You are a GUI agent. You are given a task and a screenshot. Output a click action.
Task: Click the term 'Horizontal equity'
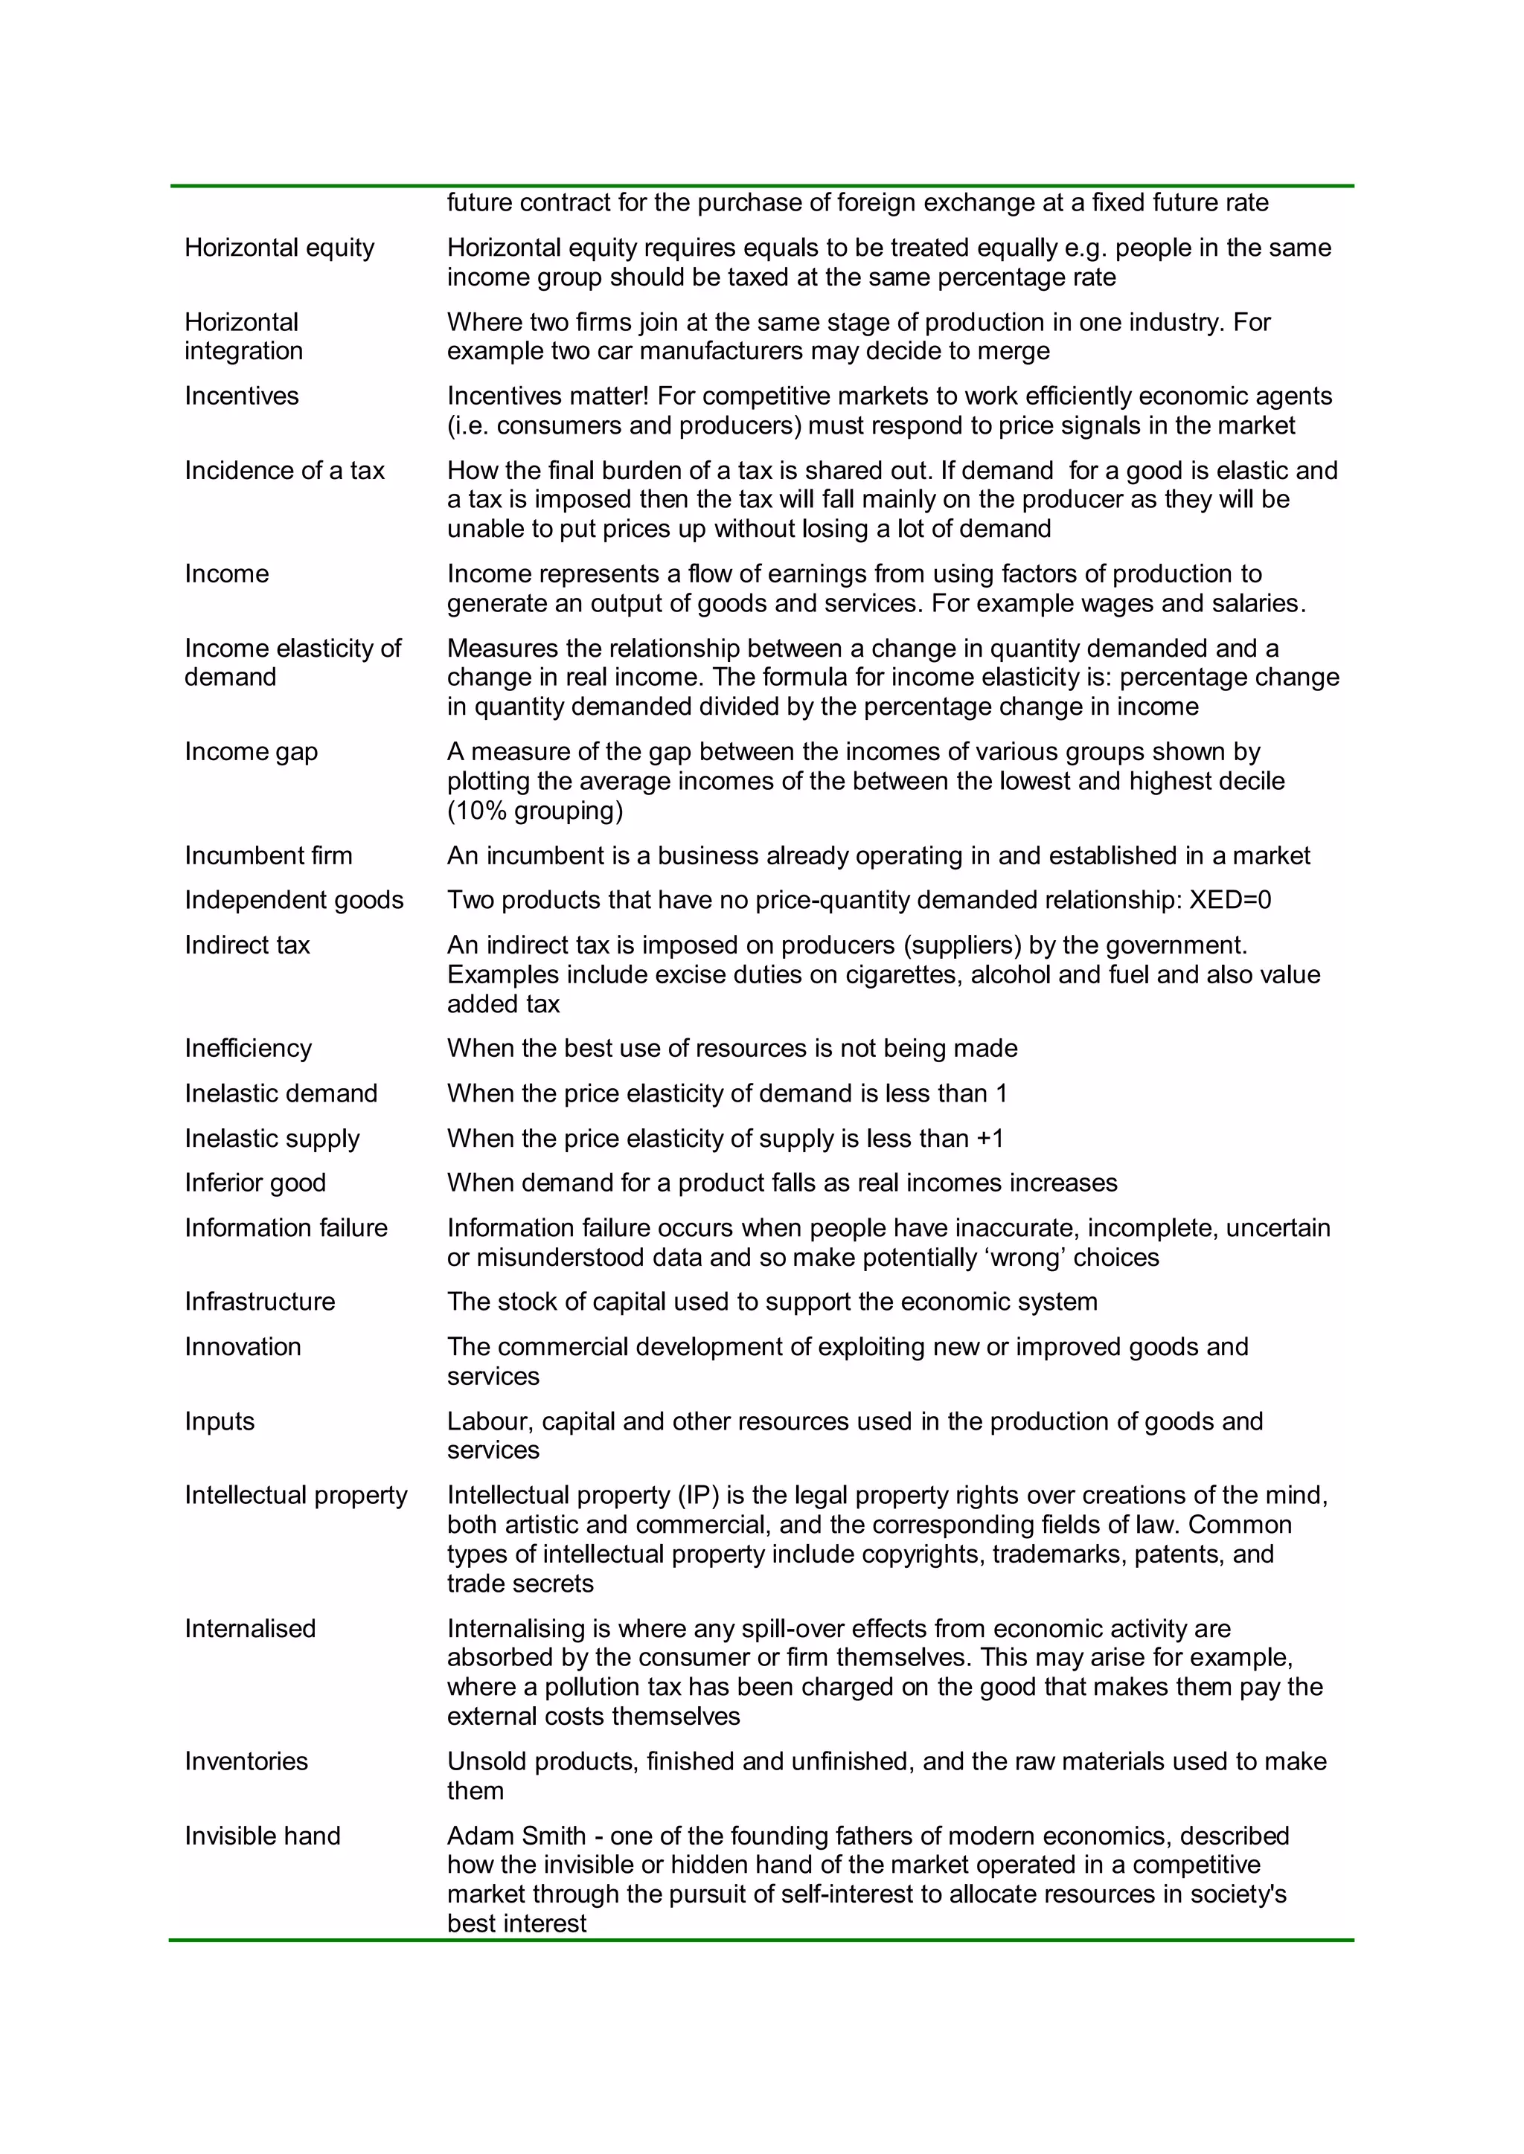coord(279,248)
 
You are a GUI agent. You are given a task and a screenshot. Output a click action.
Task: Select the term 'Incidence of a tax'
coord(284,470)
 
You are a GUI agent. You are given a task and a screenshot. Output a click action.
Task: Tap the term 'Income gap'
coord(251,751)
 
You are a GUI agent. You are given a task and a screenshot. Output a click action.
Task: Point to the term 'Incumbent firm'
coord(269,855)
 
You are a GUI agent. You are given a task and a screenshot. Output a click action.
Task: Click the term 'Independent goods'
coord(294,900)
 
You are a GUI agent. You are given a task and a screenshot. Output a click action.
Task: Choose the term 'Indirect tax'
coord(247,945)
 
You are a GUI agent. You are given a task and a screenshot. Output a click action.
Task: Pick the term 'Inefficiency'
coord(248,1048)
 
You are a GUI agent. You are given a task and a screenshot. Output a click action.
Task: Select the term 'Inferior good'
coord(255,1182)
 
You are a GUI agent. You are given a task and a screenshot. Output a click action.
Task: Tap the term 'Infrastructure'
coord(259,1301)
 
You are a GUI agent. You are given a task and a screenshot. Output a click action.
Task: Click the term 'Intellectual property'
coord(295,1494)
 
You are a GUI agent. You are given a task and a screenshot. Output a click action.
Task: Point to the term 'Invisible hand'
coord(262,1835)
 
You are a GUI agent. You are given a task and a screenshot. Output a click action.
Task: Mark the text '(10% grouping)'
coord(535,811)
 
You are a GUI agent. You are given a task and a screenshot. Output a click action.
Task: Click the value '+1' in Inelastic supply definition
coord(990,1138)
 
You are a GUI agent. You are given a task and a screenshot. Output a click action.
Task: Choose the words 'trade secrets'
coord(520,1584)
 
